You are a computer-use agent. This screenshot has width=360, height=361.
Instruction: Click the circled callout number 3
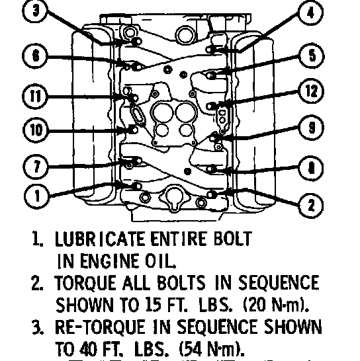35,11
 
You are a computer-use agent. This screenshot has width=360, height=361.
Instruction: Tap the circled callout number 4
310,13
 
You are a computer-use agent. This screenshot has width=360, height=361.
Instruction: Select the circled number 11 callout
35,96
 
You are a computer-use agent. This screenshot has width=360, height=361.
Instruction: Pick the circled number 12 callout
312,91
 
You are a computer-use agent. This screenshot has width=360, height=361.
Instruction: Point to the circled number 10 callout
36,130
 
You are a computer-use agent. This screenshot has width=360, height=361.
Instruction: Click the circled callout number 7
36,167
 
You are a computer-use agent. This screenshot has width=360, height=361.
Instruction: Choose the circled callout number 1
37,196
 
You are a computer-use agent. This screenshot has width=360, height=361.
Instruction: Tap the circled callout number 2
311,205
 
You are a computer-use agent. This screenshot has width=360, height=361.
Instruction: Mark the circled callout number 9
312,128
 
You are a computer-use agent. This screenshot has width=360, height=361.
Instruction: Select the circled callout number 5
312,56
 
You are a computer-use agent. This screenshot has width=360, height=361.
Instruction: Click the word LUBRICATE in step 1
99,239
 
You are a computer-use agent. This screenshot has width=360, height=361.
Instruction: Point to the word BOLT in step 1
232,239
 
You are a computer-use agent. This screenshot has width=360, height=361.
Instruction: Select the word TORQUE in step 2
85,282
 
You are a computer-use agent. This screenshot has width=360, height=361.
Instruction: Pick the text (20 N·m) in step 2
276,304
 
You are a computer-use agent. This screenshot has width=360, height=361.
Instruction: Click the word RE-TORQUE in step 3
100,327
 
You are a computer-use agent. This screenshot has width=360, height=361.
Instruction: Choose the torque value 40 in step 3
88,349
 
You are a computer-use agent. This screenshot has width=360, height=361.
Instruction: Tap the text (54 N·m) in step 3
211,349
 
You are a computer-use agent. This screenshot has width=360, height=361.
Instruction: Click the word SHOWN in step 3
292,327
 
